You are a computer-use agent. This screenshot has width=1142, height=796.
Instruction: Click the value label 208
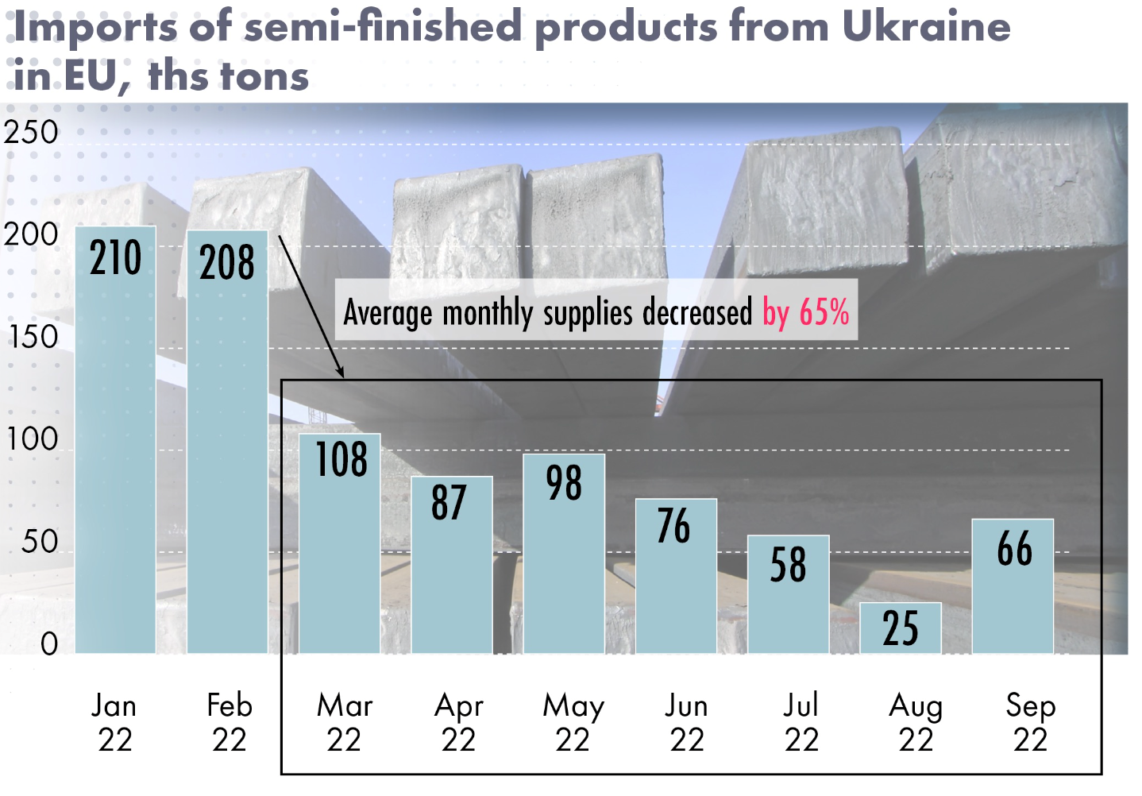pyautogui.click(x=227, y=263)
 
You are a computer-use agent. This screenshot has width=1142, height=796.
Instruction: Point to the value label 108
pyautogui.click(x=341, y=460)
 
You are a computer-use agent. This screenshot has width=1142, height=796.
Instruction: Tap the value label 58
pyautogui.click(x=788, y=565)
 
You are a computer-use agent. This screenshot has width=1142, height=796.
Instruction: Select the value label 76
pyautogui.click(x=674, y=526)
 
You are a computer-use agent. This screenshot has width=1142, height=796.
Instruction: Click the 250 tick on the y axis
pyautogui.click(x=32, y=133)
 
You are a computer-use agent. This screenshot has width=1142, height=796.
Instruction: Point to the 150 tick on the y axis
pyautogui.click(x=33, y=338)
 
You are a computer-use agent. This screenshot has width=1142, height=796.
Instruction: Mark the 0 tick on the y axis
pyautogui.click(x=49, y=643)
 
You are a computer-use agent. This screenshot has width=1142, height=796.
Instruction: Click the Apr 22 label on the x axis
pyautogui.click(x=459, y=722)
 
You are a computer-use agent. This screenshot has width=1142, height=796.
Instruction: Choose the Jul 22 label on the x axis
pyautogui.click(x=801, y=722)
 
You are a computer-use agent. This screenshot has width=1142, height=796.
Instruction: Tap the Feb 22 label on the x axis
pyautogui.click(x=230, y=722)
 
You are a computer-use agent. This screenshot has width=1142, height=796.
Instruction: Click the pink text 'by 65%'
pyautogui.click(x=806, y=312)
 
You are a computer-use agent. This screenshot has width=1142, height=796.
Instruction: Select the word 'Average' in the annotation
pyautogui.click(x=388, y=312)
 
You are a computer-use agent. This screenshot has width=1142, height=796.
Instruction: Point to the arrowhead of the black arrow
pyautogui.click(x=341, y=373)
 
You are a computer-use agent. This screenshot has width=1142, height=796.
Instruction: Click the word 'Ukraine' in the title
pyautogui.click(x=926, y=26)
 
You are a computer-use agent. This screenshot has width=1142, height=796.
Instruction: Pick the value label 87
pyautogui.click(x=449, y=502)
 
